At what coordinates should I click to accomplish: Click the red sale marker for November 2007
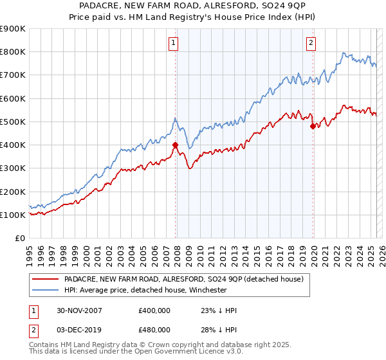[176, 145]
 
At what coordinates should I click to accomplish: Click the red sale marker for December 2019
[313, 126]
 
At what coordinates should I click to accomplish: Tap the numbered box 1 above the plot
[174, 43]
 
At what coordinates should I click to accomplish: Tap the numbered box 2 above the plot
[311, 43]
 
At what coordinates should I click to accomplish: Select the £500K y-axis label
[13, 122]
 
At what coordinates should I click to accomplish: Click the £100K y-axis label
[13, 215]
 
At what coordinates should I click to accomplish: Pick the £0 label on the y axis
[19, 238]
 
